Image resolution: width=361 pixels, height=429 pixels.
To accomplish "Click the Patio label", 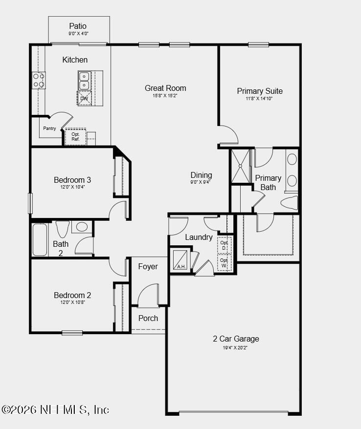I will click(x=78, y=26).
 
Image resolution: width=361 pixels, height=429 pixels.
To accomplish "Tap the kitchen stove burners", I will click(x=38, y=81).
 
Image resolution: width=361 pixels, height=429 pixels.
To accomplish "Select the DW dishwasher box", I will click(x=84, y=98).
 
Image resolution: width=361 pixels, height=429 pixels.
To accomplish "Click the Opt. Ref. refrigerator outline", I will click(x=75, y=136).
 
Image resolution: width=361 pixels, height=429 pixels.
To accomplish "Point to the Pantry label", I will click(x=49, y=129).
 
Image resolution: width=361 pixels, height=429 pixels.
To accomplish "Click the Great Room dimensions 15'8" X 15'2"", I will click(x=165, y=96).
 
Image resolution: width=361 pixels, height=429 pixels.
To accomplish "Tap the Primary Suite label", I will click(x=259, y=91).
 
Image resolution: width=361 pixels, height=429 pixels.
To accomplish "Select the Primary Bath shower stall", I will click(x=240, y=166).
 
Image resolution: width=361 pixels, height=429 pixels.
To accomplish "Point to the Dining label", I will click(x=201, y=175).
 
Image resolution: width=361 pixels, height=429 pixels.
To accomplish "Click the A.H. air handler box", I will click(x=180, y=260).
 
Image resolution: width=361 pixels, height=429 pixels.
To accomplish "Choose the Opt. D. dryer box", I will click(x=224, y=245).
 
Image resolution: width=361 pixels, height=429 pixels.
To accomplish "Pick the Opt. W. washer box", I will click(x=224, y=262).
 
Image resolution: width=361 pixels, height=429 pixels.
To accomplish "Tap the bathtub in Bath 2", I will click(x=40, y=239).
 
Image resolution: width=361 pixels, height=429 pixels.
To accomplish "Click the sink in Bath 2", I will click(x=82, y=227).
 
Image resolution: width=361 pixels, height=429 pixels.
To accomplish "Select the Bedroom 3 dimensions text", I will click(x=72, y=187).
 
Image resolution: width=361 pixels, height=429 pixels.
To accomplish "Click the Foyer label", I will click(x=148, y=266).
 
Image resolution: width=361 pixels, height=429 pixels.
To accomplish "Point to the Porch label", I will click(x=148, y=318).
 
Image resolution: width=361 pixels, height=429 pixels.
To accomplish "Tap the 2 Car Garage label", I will click(x=236, y=339).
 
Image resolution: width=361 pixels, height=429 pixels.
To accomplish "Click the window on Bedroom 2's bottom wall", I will click(x=72, y=333).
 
